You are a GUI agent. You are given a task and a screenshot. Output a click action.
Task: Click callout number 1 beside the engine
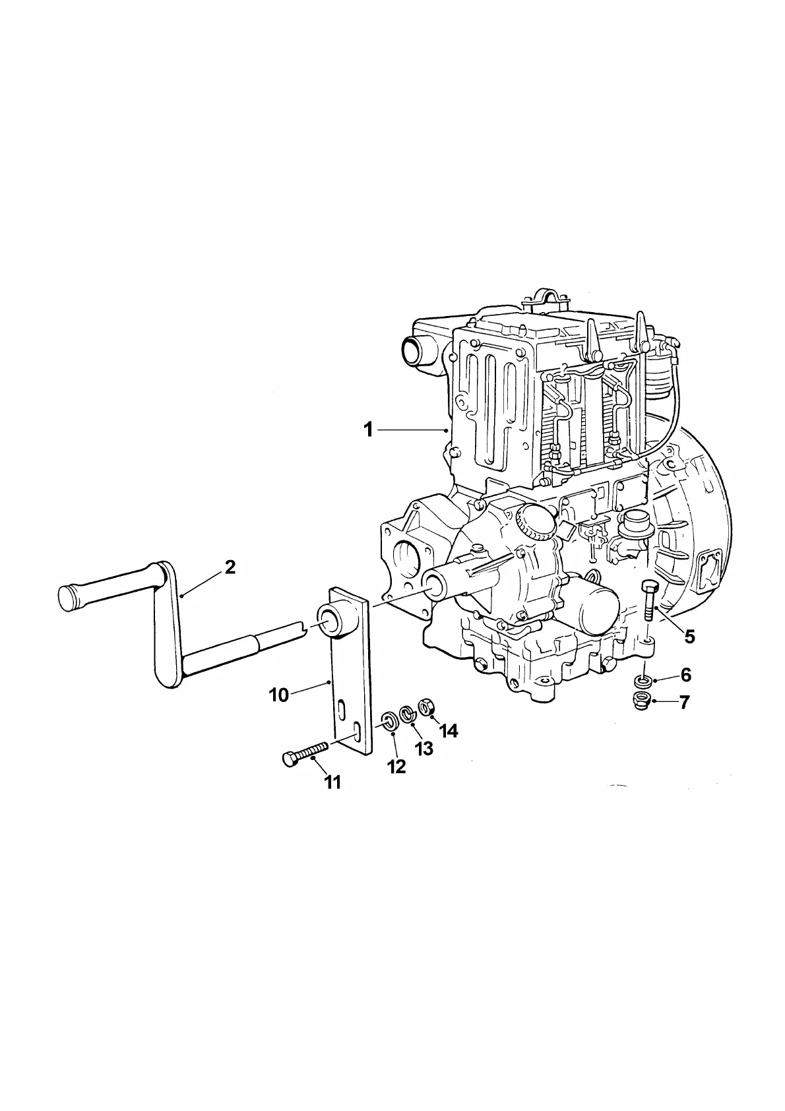(x=368, y=430)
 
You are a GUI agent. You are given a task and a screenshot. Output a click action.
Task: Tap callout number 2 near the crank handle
(x=230, y=567)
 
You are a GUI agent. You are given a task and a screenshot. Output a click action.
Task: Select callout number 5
(x=689, y=637)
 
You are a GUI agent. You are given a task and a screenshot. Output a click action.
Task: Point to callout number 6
(x=685, y=675)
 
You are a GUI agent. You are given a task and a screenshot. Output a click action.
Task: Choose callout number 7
(x=684, y=703)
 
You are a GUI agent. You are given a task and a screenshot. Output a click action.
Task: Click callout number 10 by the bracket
(x=279, y=695)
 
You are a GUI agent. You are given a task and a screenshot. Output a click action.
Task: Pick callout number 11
(x=332, y=782)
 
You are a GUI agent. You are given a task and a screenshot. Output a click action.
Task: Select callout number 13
(x=424, y=749)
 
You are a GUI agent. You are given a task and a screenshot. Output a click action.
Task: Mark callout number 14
(x=449, y=731)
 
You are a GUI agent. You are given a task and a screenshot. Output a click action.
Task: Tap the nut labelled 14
(x=426, y=706)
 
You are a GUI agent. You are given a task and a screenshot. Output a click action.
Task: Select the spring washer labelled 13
(x=408, y=713)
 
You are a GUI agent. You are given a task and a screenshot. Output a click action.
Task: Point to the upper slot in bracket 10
(x=341, y=709)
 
